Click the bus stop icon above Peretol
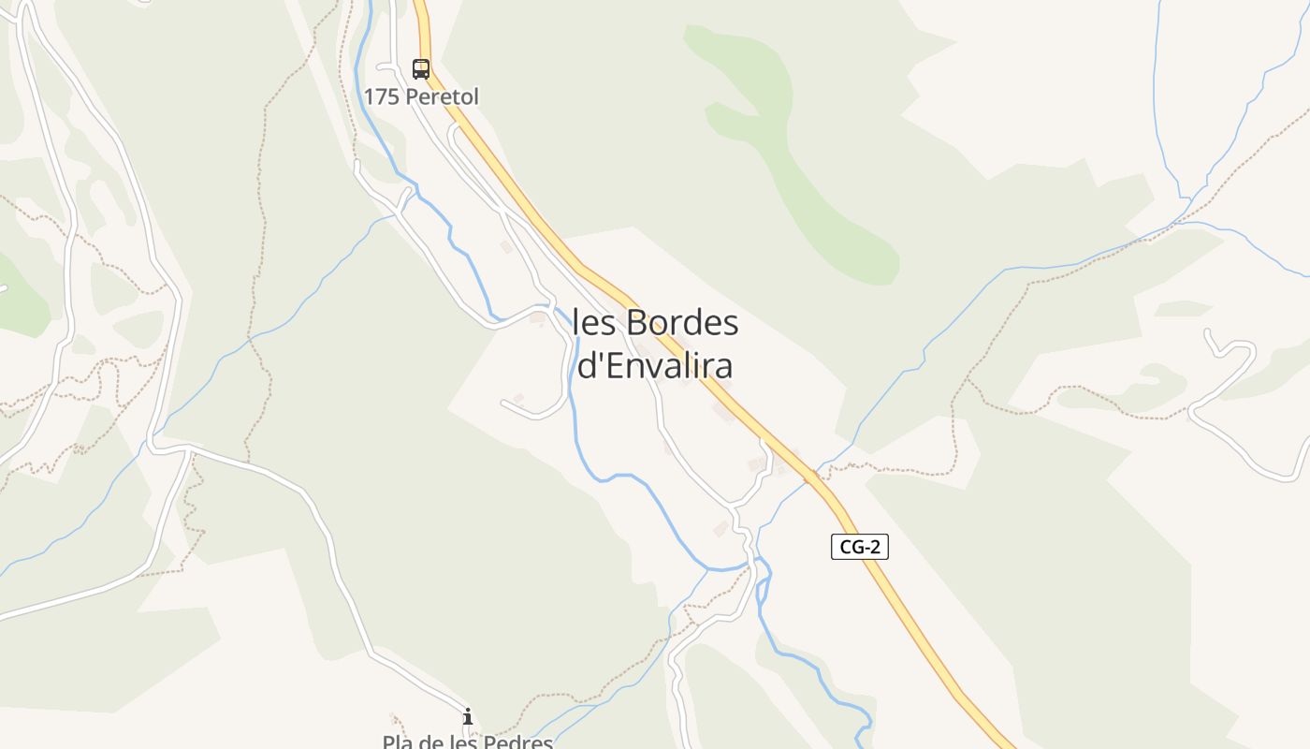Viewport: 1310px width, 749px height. pos(421,68)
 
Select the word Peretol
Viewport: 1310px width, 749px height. pos(443,96)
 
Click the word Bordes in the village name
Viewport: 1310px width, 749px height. pos(682,323)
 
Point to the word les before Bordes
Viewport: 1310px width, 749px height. pos(594,323)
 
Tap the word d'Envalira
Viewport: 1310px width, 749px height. pos(654,366)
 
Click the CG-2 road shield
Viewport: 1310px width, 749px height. pos(859,548)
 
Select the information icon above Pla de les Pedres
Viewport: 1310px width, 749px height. pos(468,717)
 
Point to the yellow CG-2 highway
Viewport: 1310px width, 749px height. pos(898,599)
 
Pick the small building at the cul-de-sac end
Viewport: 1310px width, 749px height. pos(517,399)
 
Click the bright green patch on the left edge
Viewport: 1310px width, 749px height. pos(23,300)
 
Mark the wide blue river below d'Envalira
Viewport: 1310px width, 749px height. pos(655,506)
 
